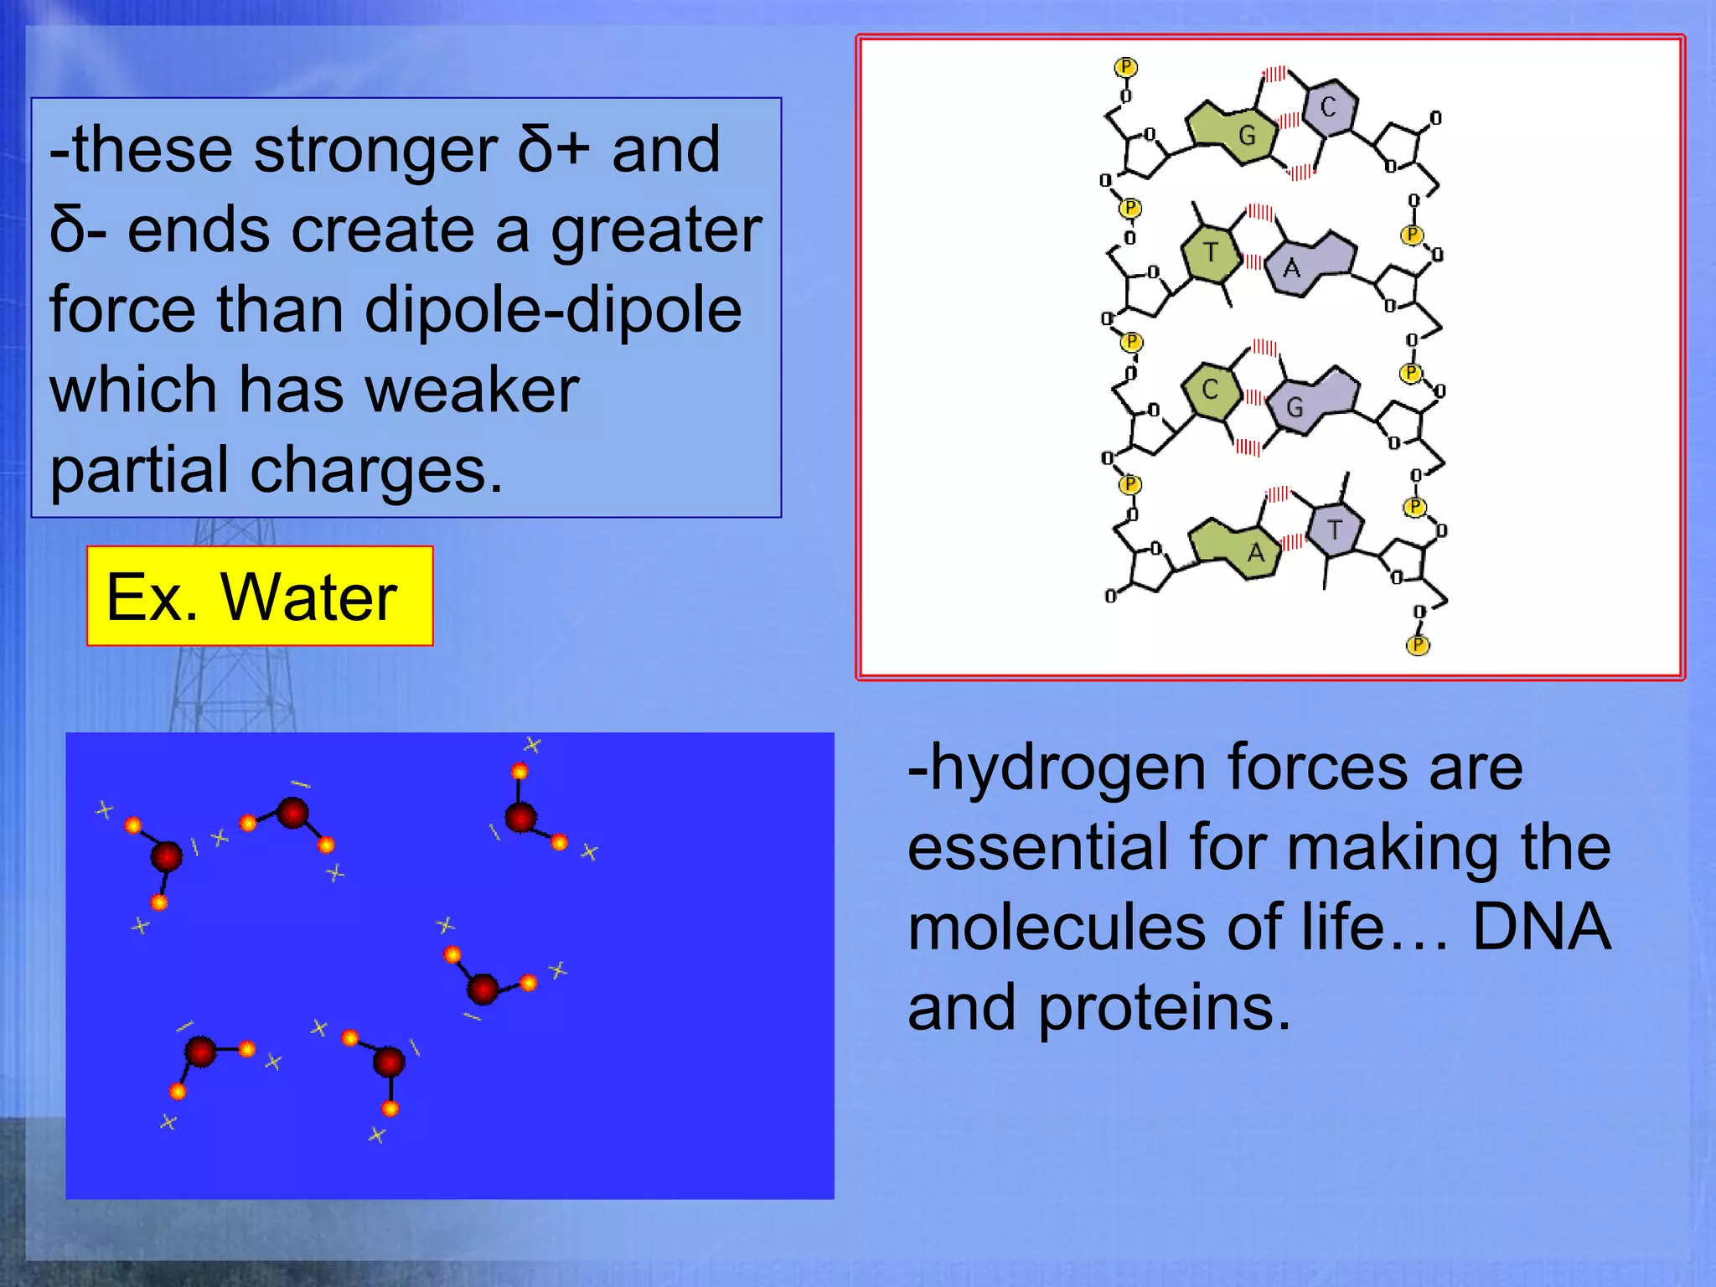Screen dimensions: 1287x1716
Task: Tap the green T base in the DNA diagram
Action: [1211, 252]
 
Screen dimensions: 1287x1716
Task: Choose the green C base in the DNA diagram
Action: [1210, 390]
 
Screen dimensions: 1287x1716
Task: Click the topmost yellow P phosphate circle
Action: [1125, 67]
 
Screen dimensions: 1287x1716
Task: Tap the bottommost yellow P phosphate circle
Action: [1417, 644]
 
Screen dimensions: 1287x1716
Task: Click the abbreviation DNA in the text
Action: [1541, 927]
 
